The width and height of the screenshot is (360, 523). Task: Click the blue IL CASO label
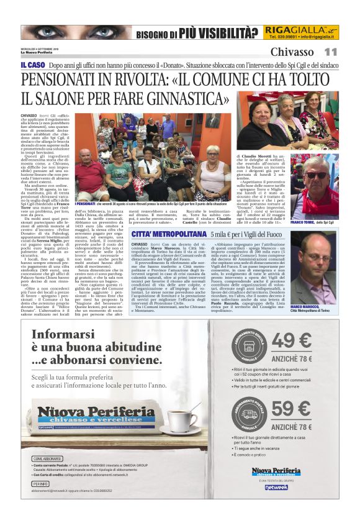32,65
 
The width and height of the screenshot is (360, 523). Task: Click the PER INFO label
41,483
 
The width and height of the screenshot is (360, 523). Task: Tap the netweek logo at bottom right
276,487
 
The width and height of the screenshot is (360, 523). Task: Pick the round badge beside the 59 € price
250,414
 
